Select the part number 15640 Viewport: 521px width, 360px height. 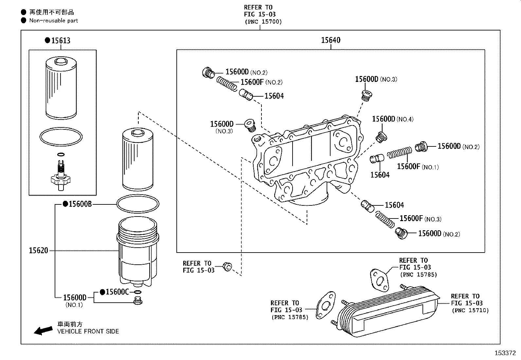pyautogui.click(x=331, y=40)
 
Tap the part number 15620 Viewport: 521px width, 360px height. pyautogui.click(x=38, y=251)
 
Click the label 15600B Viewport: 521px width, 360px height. pyautogui.click(x=80, y=204)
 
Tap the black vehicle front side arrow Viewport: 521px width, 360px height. pyautogui.click(x=43, y=330)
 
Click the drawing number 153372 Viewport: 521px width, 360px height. pyautogui.click(x=505, y=353)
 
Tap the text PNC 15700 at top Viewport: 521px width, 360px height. pyautogui.click(x=263, y=22)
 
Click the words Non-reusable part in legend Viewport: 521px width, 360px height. pyautogui.click(x=54, y=21)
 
